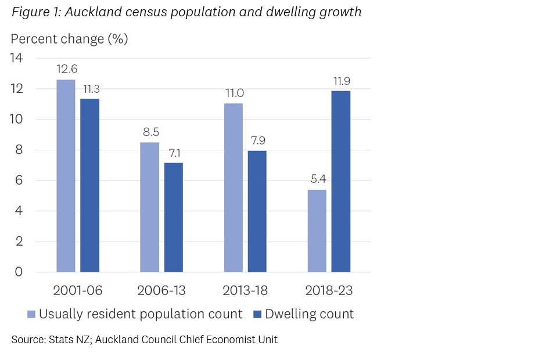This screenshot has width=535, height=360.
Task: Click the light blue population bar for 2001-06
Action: (x=66, y=175)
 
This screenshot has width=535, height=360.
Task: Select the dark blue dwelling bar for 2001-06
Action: (x=89, y=185)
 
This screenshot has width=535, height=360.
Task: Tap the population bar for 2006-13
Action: (x=149, y=207)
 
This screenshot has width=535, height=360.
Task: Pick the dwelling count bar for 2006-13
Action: (x=173, y=217)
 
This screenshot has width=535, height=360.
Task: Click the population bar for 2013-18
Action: (x=234, y=188)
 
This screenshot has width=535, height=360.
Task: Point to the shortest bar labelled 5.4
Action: (x=317, y=231)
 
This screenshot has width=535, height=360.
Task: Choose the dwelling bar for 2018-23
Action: (x=341, y=181)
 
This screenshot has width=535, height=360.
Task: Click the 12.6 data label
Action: (x=66, y=70)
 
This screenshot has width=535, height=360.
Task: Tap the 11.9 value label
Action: (x=342, y=81)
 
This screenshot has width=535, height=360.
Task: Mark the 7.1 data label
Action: (x=174, y=153)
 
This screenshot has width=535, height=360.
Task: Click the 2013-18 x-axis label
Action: (x=245, y=290)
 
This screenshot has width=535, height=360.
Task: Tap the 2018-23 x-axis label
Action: (x=329, y=290)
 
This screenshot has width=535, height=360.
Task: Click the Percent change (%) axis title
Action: (x=69, y=39)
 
